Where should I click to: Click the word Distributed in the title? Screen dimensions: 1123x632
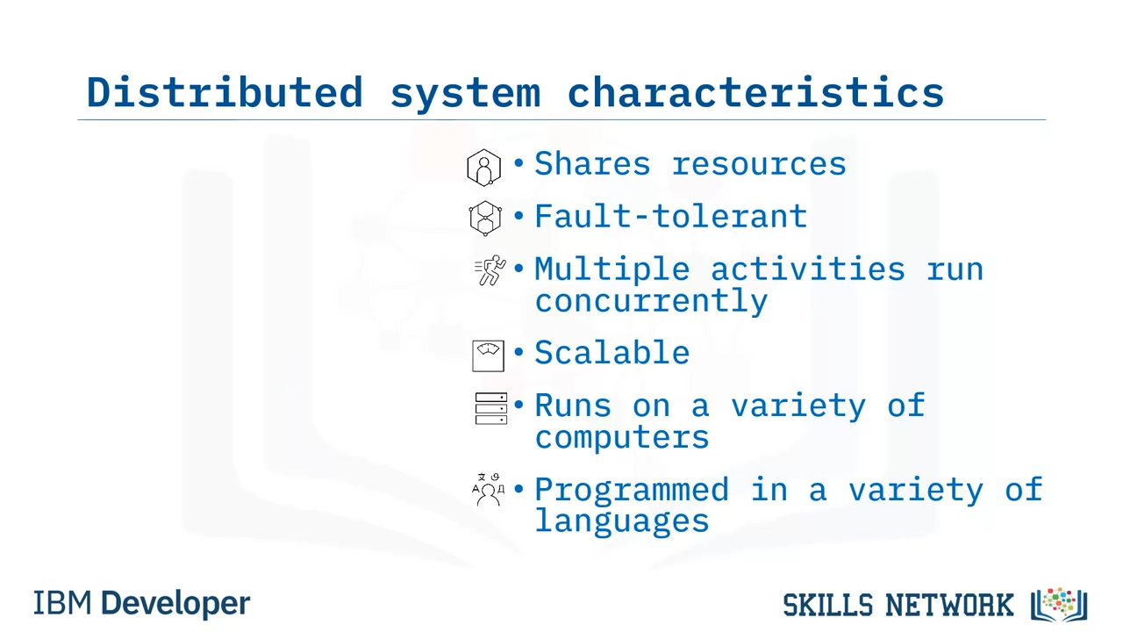coord(225,92)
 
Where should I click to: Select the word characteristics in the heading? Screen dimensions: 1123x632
coord(755,92)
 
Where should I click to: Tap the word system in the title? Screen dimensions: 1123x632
coord(465,96)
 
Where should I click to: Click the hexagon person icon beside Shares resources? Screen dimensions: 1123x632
coord(483,168)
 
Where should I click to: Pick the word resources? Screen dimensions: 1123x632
coord(759,164)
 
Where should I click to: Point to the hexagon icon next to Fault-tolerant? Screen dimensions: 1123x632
coord(485,219)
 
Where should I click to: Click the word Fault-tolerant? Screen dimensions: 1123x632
coord(671,216)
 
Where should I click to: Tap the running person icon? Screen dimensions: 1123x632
coord(490,269)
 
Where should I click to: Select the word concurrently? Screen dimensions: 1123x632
coord(651,301)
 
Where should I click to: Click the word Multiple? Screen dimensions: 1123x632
coord(612,269)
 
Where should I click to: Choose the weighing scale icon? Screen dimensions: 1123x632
coord(489,356)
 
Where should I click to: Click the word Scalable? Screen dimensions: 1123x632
coord(612,352)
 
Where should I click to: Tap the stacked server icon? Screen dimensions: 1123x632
coord(490,408)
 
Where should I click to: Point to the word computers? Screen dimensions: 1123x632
coord(622,438)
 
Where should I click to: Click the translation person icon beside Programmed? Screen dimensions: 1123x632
coord(489,490)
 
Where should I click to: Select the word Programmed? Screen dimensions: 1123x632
coord(632,490)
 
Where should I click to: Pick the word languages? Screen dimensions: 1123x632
coord(622,521)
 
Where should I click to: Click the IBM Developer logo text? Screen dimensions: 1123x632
coord(141,603)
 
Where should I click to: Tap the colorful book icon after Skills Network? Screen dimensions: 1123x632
coord(1059,605)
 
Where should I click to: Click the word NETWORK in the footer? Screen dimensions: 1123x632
coord(949,606)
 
